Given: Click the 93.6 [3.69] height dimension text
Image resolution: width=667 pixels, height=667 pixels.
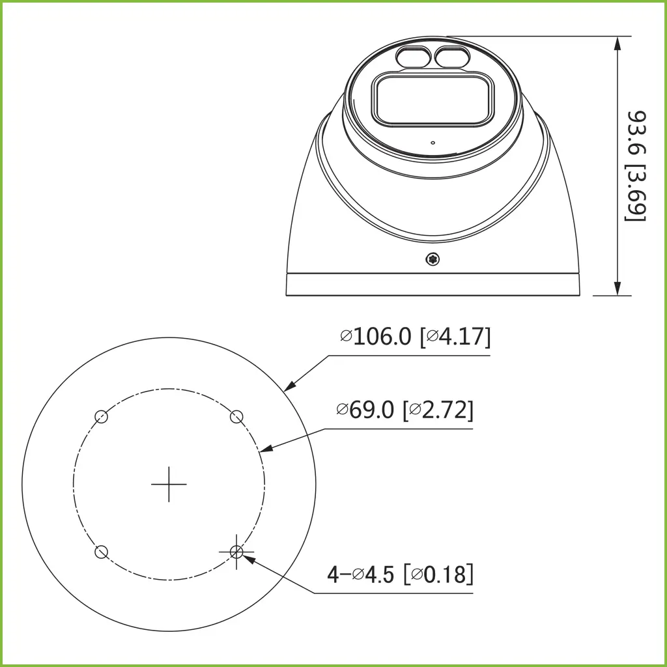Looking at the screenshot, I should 636,166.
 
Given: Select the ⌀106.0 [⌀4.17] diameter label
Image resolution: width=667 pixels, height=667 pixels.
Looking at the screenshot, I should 415,337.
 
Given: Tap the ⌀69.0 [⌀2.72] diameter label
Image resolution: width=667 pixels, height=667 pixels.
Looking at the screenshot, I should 404,410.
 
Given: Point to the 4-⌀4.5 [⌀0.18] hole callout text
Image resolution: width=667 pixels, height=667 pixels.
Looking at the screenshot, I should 400,575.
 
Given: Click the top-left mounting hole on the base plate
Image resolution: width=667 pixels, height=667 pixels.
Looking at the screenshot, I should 101,417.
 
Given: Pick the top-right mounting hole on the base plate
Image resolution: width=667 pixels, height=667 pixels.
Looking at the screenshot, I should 237,416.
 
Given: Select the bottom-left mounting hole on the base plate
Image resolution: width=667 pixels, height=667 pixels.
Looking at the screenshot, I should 101,552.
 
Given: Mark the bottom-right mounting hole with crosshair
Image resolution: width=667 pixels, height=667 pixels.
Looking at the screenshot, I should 236,552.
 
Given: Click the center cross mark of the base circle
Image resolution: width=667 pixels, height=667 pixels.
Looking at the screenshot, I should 169,484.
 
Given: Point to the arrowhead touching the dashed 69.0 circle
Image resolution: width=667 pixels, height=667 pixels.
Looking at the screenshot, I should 264,449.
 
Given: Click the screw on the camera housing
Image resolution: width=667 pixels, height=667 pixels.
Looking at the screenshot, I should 433,260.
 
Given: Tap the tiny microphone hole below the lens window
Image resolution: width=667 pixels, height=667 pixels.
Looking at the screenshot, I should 433,142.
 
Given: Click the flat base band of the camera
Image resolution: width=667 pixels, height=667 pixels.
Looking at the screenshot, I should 433,285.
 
